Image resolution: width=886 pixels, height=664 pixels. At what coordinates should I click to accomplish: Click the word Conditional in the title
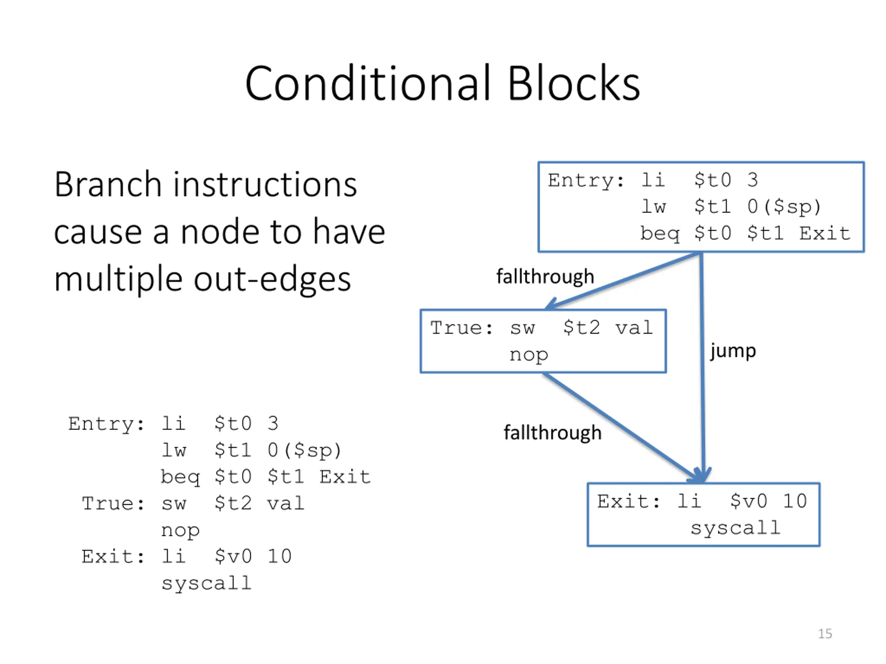coord(368,83)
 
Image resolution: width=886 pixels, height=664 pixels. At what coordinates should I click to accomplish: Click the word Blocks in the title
coord(573,83)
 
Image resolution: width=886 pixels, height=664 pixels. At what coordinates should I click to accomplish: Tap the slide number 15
coord(825,634)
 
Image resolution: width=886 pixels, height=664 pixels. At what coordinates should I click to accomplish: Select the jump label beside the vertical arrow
coord(733,351)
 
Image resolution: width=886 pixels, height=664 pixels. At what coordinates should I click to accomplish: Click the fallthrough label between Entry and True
coord(545,277)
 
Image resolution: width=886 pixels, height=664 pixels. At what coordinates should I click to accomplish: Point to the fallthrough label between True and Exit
coord(553,433)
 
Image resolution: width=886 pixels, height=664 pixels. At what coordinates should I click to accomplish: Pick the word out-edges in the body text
coord(272,279)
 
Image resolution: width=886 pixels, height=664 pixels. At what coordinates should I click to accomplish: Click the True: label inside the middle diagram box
coord(461,328)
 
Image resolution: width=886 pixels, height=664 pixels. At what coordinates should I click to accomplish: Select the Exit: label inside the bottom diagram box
coord(628,501)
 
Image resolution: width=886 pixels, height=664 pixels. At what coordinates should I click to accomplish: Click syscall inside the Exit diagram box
coord(735,528)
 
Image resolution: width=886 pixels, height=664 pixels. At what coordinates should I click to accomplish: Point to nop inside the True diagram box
coord(529,356)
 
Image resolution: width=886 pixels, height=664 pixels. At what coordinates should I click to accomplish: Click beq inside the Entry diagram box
coord(660,234)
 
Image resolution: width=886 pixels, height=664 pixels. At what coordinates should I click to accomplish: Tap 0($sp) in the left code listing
coord(305,450)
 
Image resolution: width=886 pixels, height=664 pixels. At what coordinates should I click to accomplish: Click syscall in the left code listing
coord(206,583)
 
